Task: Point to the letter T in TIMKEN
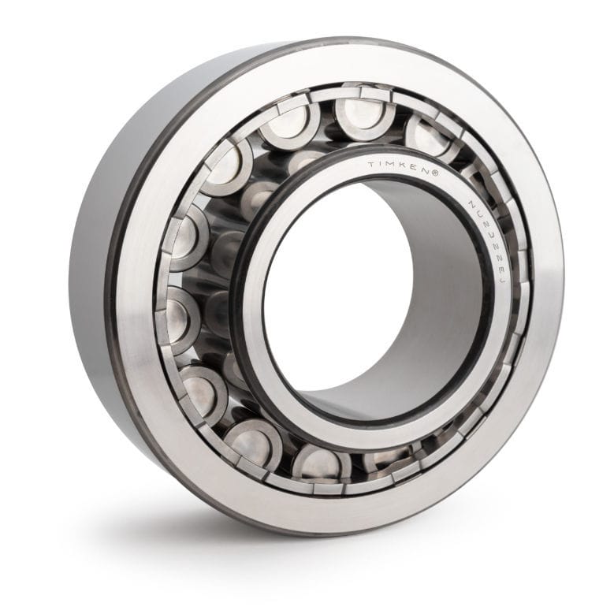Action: (x=371, y=165)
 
